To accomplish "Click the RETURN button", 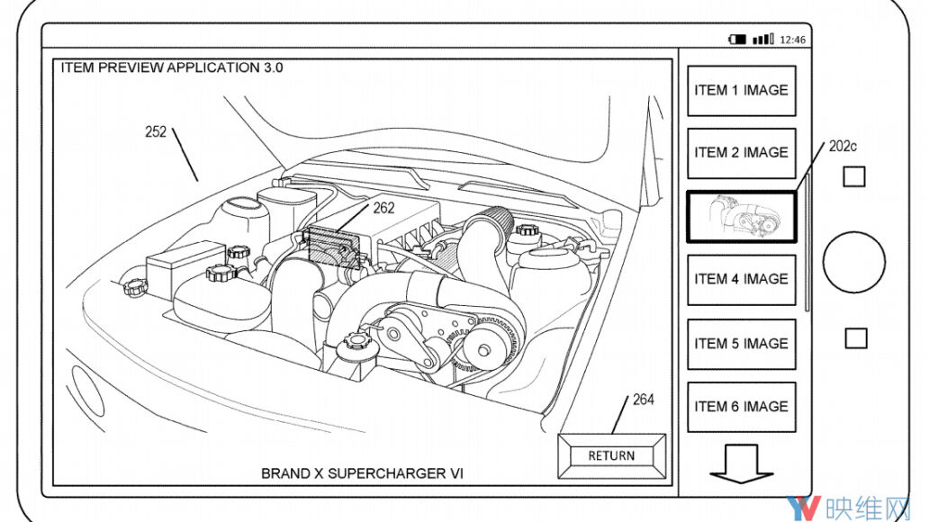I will tap(611, 456).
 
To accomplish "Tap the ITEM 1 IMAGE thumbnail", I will tap(741, 90).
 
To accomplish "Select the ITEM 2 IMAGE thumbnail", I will tap(741, 153).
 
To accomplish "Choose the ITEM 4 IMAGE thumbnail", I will tap(741, 279).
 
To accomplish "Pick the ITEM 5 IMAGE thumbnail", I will tap(741, 343).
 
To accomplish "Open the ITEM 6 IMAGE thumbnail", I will tap(741, 407).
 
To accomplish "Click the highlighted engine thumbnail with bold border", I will tap(741, 216).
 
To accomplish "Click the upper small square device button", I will tap(853, 175).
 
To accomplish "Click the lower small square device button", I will tap(856, 338).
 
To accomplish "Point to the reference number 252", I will tap(156, 131).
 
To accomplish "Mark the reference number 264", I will tap(643, 399).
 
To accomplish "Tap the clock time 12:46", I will tap(792, 40).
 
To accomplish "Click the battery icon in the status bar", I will tap(738, 40).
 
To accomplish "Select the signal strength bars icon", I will tap(762, 40).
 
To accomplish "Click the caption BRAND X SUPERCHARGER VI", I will tap(362, 472).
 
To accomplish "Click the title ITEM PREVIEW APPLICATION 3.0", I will tap(171, 67).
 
